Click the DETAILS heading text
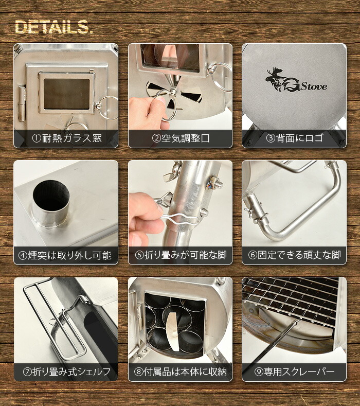[x=54, y=28]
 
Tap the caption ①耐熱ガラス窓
[x=66, y=138]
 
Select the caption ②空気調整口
[x=180, y=138]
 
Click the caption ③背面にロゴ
[x=294, y=138]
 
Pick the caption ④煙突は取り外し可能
[x=66, y=255]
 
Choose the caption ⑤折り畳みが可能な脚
[x=180, y=255]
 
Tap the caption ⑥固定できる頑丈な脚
[x=294, y=255]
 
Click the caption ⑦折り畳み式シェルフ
[x=66, y=372]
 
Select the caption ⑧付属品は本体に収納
[x=180, y=372]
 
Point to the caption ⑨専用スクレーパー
[x=294, y=372]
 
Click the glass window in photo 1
[x=66, y=93]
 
